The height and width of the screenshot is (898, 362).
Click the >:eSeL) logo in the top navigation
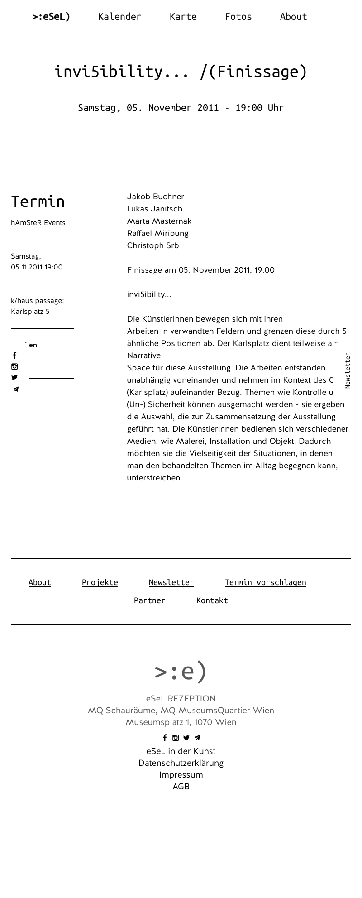[x=51, y=17]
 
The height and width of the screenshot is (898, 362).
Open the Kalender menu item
[x=119, y=17]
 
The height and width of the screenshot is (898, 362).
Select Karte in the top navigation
[x=183, y=17]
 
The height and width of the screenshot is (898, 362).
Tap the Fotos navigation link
[x=238, y=17]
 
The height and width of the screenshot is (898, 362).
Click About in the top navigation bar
[x=293, y=17]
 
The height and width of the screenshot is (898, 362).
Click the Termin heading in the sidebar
[x=38, y=202]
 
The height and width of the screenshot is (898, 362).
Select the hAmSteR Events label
[x=38, y=223]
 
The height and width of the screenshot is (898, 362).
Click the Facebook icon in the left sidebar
[x=14, y=355]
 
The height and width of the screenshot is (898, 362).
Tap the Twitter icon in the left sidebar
[x=14, y=377]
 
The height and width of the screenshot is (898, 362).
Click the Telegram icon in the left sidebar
[x=16, y=389]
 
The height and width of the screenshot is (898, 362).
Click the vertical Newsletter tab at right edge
[x=348, y=370]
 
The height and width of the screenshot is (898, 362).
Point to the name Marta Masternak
[x=159, y=221]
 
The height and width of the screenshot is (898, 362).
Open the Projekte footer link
[x=100, y=582]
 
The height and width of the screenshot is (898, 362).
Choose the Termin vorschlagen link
[x=266, y=582]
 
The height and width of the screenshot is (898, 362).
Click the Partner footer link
[x=150, y=600]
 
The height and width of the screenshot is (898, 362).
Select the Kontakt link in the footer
[x=212, y=600]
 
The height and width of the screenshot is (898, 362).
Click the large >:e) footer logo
[x=181, y=671]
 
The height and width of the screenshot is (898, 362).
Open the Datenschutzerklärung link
[x=181, y=763]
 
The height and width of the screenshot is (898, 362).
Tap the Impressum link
[x=181, y=775]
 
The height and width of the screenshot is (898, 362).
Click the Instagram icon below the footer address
[x=176, y=738]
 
